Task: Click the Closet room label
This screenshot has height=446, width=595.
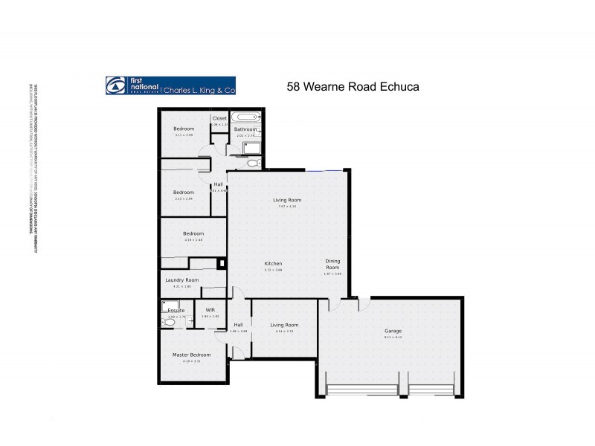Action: [x=219, y=118]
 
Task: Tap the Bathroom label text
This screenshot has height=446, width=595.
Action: [x=245, y=129]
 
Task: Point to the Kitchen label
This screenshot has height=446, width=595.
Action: [x=273, y=264]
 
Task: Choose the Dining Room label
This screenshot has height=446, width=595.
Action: [x=332, y=264]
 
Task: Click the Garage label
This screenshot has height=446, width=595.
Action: [x=393, y=331]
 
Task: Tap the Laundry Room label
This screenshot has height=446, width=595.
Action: [x=182, y=280]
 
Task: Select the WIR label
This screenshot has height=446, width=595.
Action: [x=210, y=310]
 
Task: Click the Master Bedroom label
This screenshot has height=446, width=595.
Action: [x=192, y=355]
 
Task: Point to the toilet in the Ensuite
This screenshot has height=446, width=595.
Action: [x=165, y=322]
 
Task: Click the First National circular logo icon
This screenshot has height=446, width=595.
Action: [x=115, y=85]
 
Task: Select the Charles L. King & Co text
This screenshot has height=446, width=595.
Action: [x=199, y=90]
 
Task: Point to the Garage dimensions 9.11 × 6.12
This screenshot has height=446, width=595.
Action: [x=393, y=337]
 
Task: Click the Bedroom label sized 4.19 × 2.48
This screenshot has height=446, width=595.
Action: [x=193, y=233]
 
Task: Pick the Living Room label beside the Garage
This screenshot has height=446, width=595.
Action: [x=284, y=325]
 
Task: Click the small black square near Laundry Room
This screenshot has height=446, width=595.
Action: [x=220, y=262]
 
